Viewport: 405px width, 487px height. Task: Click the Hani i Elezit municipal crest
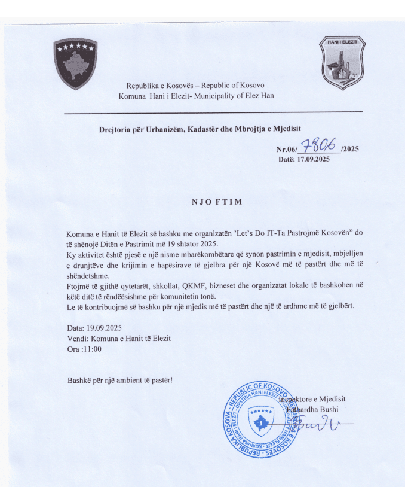pyautogui.click(x=342, y=63)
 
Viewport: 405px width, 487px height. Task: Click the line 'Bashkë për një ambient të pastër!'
pyautogui.click(x=119, y=379)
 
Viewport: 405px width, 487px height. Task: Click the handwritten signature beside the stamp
pyautogui.click(x=326, y=424)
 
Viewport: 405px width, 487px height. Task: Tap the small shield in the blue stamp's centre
pyautogui.click(x=261, y=420)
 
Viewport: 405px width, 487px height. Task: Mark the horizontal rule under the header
pyautogui.click(x=213, y=112)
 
